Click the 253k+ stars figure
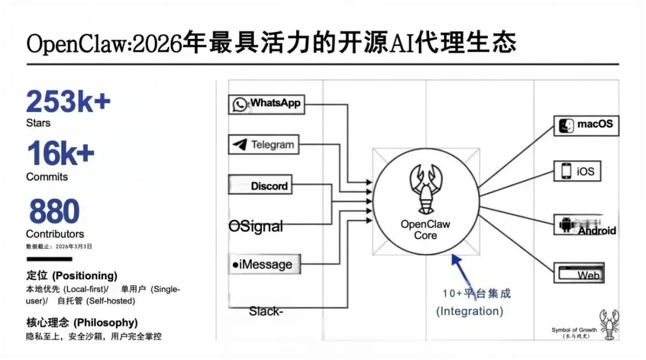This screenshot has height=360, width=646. click(68, 102)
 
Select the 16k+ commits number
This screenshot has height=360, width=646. click(60, 155)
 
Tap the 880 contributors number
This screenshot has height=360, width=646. click(54, 210)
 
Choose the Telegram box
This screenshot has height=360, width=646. click(263, 145)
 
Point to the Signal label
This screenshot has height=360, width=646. click(256, 227)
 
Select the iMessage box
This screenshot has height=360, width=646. click(263, 264)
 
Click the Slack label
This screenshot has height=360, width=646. click(264, 311)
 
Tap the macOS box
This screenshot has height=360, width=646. click(586, 125)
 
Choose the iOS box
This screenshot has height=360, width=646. click(578, 171)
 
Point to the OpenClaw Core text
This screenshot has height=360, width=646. click(425, 230)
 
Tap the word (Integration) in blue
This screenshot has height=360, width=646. click(470, 311)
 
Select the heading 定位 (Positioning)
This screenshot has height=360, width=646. click(72, 276)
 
